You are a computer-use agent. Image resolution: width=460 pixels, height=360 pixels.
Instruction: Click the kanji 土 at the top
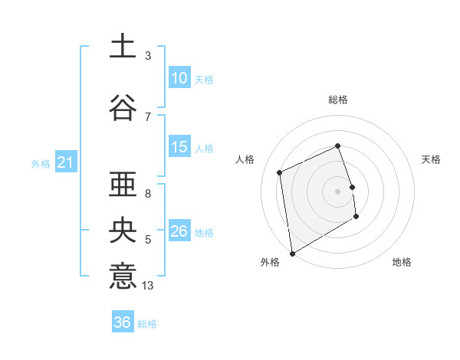(123, 46)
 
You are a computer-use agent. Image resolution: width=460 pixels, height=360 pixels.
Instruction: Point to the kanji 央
(123, 231)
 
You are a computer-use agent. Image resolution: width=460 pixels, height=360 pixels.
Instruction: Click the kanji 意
(123, 276)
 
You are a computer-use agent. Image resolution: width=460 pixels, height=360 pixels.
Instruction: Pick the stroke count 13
(148, 286)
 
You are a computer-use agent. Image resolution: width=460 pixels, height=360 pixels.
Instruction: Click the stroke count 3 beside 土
(148, 56)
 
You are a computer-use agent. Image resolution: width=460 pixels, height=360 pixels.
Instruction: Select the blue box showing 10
(179, 77)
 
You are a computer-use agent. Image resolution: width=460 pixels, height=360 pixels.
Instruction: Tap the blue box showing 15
(179, 147)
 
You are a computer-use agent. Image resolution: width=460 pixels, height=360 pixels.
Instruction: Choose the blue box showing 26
(179, 231)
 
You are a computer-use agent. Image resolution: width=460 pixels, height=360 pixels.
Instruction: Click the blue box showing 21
(65, 162)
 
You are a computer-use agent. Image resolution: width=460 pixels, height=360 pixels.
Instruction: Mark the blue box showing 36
(122, 322)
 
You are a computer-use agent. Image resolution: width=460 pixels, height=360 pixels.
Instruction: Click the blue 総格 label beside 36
(147, 324)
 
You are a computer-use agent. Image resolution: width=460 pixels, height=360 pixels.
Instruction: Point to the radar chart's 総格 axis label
(338, 100)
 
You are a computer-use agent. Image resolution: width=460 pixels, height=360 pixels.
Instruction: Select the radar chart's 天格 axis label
(432, 159)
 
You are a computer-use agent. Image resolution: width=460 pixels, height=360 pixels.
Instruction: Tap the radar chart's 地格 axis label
(402, 262)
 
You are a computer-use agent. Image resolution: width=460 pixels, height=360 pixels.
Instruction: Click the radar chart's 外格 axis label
(270, 262)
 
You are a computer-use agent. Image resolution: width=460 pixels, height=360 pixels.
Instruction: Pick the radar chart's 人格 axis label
(245, 159)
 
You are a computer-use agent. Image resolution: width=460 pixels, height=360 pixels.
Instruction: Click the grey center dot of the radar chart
(338, 191)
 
